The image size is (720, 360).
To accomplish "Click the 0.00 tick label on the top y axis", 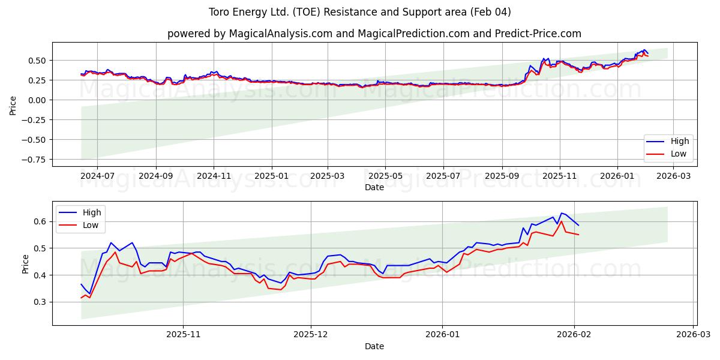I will (x=38, y=100).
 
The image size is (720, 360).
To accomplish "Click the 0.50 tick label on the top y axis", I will (x=38, y=61).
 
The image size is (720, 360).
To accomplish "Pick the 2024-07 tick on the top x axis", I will (x=97, y=177).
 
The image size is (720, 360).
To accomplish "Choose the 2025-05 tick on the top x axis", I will (x=385, y=177).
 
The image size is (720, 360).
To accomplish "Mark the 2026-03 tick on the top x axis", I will (x=673, y=177).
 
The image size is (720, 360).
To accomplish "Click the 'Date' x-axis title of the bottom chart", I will (x=374, y=347).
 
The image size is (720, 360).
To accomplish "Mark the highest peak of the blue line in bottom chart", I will (x=562, y=213).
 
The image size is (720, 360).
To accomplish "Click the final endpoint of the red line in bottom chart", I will (x=578, y=235).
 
